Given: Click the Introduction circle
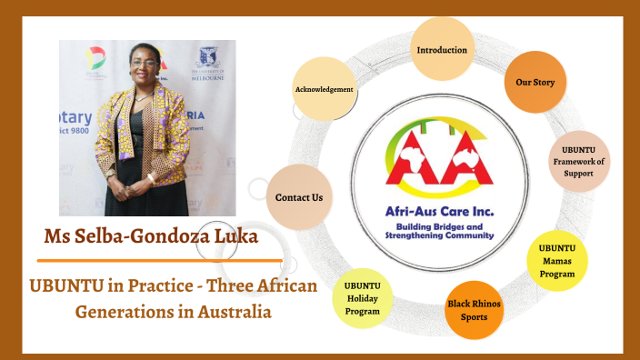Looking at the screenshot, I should point(442,49).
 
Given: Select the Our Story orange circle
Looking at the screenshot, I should point(535,83).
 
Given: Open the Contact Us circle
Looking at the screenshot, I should point(299,196).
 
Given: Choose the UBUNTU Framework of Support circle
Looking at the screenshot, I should point(577,162).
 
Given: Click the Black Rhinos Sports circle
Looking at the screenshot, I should point(474,311).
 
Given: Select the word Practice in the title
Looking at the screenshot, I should point(160,287).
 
